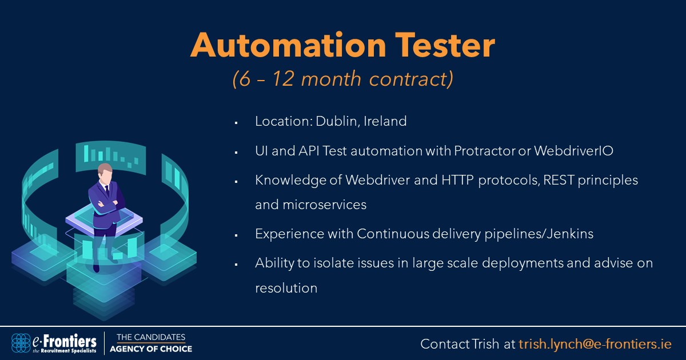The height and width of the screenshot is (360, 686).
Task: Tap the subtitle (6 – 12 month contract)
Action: coord(343,79)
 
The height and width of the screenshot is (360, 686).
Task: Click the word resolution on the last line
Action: coord(286,288)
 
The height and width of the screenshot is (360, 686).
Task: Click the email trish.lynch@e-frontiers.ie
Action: coord(595,344)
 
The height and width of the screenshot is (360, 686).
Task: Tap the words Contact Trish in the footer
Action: coord(460,344)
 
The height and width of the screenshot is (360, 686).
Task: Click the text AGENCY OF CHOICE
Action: coord(151,349)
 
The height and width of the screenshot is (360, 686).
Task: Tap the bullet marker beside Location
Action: coord(236,122)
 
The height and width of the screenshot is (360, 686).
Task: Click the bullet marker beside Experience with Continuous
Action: coord(236,235)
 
